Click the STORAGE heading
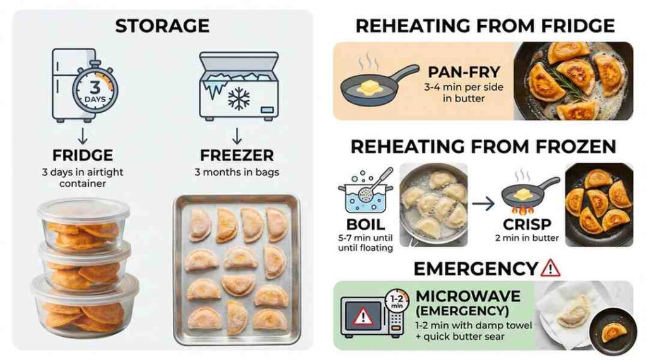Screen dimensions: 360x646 pyautogui.click(x=163, y=26)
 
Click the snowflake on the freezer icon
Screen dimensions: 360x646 pyautogui.click(x=238, y=99)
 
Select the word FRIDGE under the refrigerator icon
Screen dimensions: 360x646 pyautogui.click(x=83, y=156)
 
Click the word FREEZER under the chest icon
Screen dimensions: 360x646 pyautogui.click(x=238, y=156)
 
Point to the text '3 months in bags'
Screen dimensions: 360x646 pyautogui.click(x=238, y=172)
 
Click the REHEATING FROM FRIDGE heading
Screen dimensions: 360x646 pyautogui.click(x=484, y=26)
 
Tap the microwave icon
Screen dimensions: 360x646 pyautogui.click(x=367, y=315)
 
